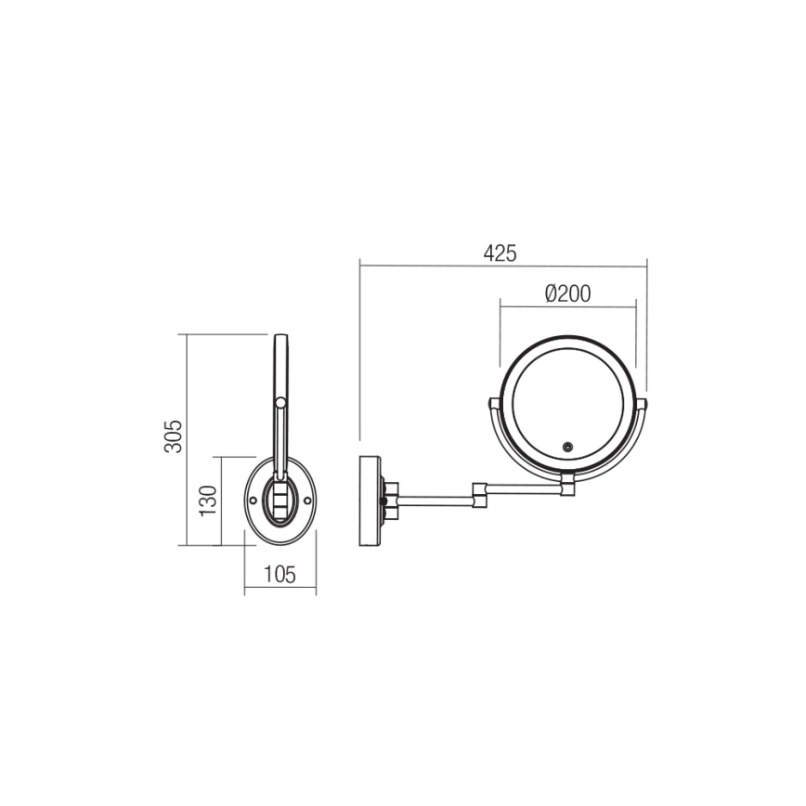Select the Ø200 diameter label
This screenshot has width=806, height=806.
click(x=567, y=293)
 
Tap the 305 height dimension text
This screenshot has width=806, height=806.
click(x=174, y=436)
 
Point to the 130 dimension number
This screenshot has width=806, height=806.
click(x=207, y=500)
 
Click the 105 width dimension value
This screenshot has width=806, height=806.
click(x=279, y=576)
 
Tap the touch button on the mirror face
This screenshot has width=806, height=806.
click(x=567, y=448)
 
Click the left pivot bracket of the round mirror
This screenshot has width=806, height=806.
click(x=494, y=403)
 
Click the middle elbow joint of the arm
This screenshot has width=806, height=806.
click(x=480, y=494)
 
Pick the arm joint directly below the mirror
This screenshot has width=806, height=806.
click(x=567, y=486)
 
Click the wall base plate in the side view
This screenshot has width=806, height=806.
click(x=370, y=501)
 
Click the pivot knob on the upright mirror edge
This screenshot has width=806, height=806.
click(x=280, y=401)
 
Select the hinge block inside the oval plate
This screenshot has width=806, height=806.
click(x=279, y=502)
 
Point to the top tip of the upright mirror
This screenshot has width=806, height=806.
click(x=280, y=336)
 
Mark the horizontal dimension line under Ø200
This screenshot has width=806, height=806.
click(x=567, y=306)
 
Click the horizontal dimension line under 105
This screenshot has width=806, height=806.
click(x=279, y=590)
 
